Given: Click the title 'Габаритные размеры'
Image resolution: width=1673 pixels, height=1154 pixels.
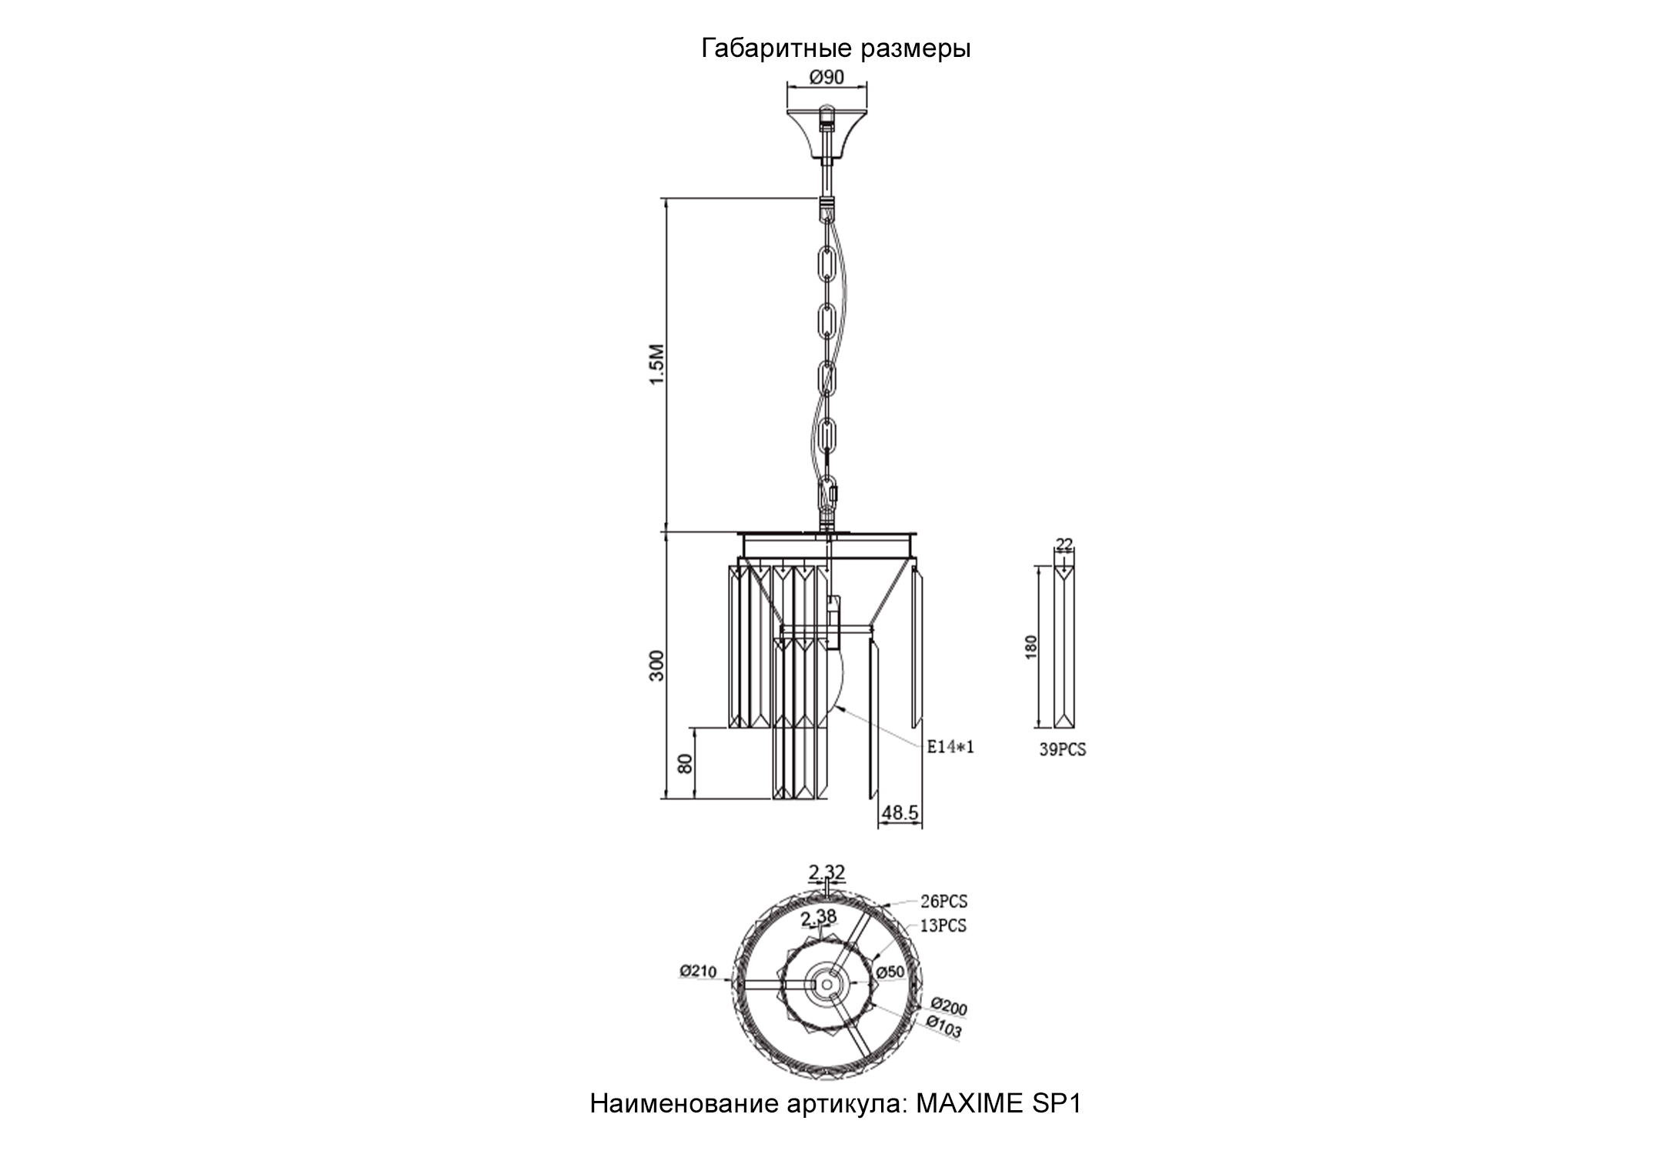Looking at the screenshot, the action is (x=836, y=49).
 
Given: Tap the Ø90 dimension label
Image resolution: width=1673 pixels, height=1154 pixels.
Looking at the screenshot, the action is (x=826, y=77).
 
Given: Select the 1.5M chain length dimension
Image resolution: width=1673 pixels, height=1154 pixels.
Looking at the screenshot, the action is (x=656, y=365).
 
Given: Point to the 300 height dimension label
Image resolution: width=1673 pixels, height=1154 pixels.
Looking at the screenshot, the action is (x=656, y=665).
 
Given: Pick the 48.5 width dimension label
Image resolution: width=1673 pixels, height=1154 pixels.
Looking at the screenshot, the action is (x=900, y=812).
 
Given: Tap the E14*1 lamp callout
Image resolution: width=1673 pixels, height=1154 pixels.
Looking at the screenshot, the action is (x=950, y=746).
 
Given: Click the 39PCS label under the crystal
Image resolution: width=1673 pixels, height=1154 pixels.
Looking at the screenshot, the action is (x=1063, y=750).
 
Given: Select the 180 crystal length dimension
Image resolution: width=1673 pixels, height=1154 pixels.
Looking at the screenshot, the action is (x=1032, y=646).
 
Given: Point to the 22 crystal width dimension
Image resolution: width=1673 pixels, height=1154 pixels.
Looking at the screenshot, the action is (x=1064, y=545).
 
